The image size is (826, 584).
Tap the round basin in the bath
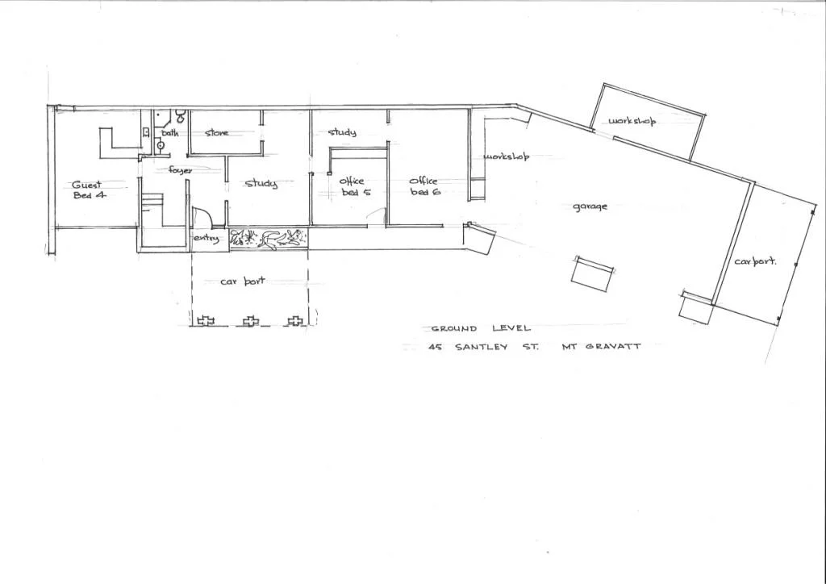(x=161, y=146)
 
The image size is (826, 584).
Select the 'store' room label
(x=216, y=133)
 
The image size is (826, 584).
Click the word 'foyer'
(x=180, y=170)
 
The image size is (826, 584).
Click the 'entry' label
(x=205, y=238)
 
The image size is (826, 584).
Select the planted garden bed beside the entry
(x=269, y=238)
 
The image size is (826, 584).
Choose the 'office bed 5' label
(x=352, y=186)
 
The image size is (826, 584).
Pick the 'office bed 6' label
(x=423, y=186)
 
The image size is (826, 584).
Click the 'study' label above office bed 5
(x=342, y=132)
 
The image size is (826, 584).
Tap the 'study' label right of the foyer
(x=261, y=184)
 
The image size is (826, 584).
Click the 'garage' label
(x=590, y=206)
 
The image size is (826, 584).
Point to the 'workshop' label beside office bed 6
(x=506, y=156)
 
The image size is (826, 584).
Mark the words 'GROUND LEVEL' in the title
(x=481, y=328)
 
